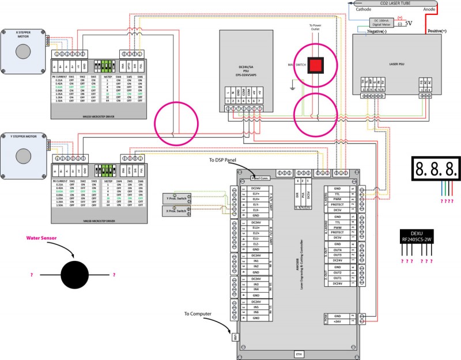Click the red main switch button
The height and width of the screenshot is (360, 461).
(x=316, y=65)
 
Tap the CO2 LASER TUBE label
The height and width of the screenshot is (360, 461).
(x=394, y=3)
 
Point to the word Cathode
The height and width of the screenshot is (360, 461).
(x=364, y=9)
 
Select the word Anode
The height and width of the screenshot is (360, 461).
(x=429, y=9)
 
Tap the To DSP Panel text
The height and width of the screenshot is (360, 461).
(x=226, y=160)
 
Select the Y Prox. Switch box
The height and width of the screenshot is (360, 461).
(x=174, y=199)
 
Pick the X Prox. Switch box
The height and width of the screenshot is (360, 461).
(x=174, y=211)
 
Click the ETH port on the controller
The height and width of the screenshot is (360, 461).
(x=298, y=354)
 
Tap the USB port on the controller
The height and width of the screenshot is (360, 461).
(x=235, y=335)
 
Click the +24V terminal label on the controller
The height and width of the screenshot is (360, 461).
(x=338, y=321)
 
